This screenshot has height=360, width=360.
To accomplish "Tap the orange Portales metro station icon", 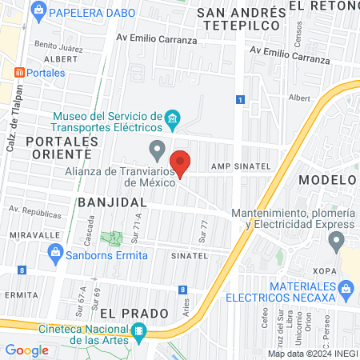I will click(18, 72).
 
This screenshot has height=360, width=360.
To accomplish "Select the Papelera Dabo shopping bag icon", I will click(38, 12).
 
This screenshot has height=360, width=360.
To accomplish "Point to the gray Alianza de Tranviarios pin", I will click(158, 149).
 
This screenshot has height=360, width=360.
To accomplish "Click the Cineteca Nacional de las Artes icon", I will click(138, 331).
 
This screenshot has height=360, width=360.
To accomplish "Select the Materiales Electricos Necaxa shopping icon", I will click(346, 287).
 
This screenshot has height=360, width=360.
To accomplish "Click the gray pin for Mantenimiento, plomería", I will click(337, 240).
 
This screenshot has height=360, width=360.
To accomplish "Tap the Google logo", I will click(26, 350).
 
